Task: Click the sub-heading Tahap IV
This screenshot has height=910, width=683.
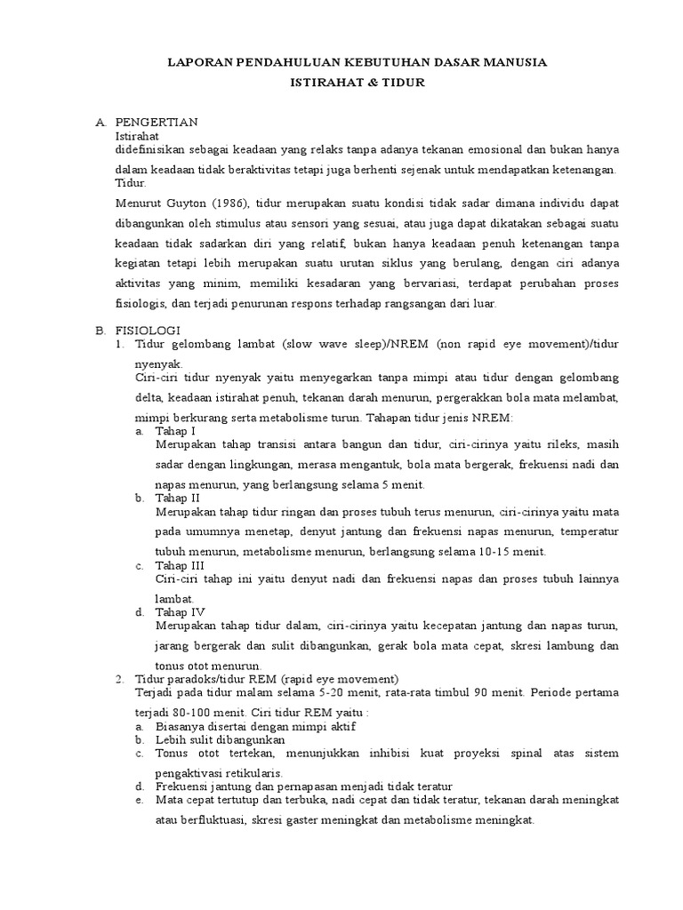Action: [x=180, y=611]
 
